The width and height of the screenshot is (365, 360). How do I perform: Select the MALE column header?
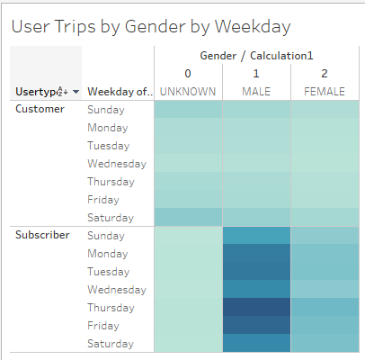(256, 92)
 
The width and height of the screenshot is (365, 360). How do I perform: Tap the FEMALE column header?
(324, 92)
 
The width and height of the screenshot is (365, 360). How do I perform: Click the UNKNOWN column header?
(188, 92)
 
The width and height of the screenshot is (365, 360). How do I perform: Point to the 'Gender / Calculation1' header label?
(256, 56)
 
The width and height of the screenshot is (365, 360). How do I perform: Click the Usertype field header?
(36, 92)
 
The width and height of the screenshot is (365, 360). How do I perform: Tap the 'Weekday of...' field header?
(116, 92)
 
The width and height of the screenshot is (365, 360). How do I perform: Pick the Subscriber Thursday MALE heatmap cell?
(256, 307)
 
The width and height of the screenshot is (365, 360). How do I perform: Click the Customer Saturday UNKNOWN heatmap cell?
(188, 217)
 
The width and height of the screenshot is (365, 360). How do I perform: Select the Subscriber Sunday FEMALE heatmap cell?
(324, 235)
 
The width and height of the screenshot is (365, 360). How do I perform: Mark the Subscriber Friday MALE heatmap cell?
(256, 325)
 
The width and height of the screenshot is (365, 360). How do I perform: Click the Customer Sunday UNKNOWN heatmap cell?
(188, 109)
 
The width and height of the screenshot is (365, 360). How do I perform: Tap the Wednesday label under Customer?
(117, 164)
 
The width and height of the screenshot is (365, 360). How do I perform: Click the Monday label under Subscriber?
(108, 254)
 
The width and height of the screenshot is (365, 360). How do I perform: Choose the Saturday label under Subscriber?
(110, 344)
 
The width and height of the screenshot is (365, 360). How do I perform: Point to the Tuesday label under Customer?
(109, 146)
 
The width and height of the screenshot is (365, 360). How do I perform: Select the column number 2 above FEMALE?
(324, 74)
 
